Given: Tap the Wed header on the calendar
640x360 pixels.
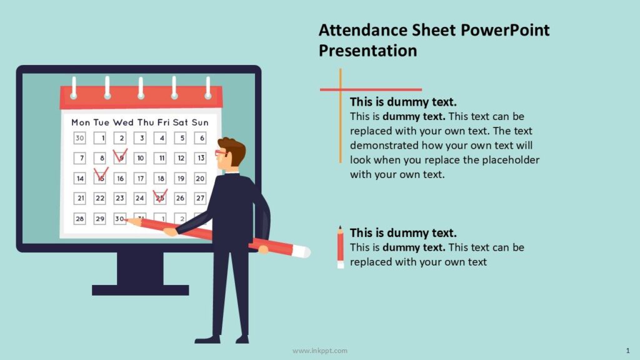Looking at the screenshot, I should coord(123,122).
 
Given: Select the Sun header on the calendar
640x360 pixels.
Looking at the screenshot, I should coord(200,122).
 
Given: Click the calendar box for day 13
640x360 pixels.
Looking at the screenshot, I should coord(200,158).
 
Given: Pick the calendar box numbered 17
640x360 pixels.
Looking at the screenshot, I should coord(141,179).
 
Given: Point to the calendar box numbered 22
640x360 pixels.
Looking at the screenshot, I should coord(100,199).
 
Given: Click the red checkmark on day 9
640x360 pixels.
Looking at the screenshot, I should coord(120,154).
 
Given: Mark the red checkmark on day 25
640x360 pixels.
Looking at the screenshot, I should coord(160,196).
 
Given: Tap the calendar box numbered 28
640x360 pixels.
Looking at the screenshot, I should coord(80,219).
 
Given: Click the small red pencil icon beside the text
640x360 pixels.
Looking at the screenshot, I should coord(341,247).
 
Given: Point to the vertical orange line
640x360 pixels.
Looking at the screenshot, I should coord(341,125).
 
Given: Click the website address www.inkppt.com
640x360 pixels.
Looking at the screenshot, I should coord(320,351).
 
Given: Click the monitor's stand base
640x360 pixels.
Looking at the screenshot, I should coord(140,290).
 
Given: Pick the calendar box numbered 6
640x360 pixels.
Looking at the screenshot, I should coord(200,138).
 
